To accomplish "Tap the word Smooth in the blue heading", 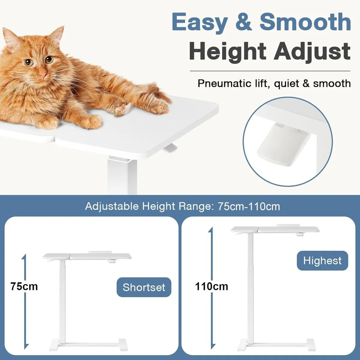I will pos(305,22).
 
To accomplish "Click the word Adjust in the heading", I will pos(312,52).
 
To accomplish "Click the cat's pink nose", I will pos(44,75).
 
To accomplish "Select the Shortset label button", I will pos(144,287).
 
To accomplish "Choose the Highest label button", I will pos(322,260).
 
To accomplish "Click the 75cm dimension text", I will pos(24,286).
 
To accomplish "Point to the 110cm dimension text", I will pos(211,286).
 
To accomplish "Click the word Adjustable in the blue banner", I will pos(112,206).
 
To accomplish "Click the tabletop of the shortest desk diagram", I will pos(87,256).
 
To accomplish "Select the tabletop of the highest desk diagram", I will pos(274,230).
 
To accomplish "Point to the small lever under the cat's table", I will pos(170,148).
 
